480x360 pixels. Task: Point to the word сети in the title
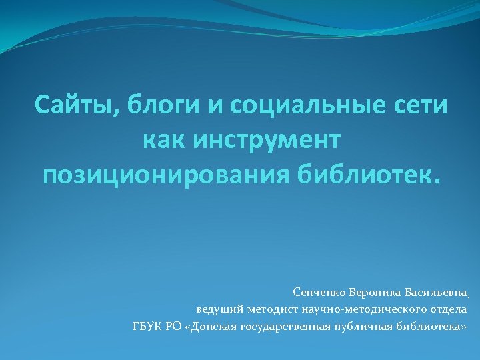coord(420,105)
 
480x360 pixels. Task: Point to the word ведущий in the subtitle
coord(219,309)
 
